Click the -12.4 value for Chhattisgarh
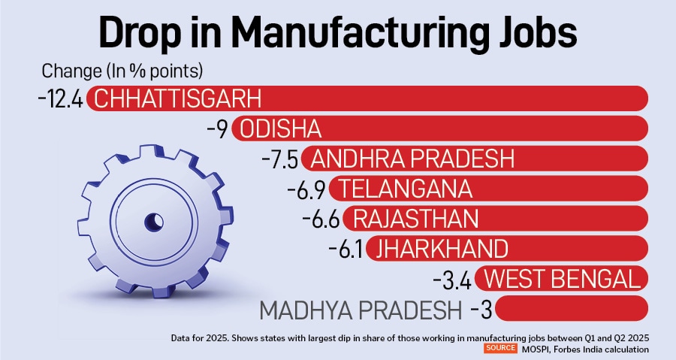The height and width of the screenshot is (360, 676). [x=60, y=99]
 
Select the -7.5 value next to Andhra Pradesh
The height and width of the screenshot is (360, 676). [x=283, y=159]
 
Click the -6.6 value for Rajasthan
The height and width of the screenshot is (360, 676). [x=321, y=219]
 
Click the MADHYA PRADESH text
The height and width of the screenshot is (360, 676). [x=361, y=309]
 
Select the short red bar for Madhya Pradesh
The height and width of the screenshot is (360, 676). [x=572, y=309]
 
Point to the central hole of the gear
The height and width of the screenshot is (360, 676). [x=155, y=221]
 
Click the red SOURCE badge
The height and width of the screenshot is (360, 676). [x=499, y=349]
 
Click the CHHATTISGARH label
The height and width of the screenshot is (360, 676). [x=179, y=99]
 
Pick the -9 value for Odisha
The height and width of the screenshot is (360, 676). [x=217, y=129]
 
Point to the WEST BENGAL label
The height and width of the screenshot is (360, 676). [x=563, y=279]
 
